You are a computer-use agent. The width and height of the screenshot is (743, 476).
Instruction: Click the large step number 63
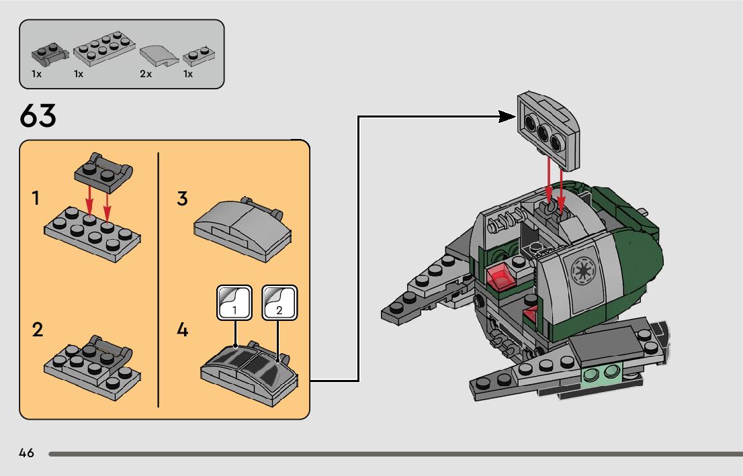click(38, 117)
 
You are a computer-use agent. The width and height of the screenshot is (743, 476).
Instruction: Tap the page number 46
click(27, 453)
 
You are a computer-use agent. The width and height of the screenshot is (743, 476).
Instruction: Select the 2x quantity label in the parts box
click(146, 75)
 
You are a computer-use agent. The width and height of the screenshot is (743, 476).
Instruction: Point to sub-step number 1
click(36, 198)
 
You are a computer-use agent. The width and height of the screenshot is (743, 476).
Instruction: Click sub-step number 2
click(37, 330)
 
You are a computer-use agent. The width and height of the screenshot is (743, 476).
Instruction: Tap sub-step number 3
click(182, 199)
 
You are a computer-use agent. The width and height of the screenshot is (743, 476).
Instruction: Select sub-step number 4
click(183, 330)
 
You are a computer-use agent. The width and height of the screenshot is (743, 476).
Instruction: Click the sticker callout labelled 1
click(234, 303)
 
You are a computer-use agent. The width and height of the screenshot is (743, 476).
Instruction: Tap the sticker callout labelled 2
click(279, 303)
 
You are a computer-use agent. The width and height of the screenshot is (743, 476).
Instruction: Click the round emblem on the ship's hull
click(580, 270)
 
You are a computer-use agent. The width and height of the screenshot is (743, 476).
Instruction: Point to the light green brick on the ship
click(601, 373)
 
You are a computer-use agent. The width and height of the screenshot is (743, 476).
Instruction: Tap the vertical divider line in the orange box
click(159, 279)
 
